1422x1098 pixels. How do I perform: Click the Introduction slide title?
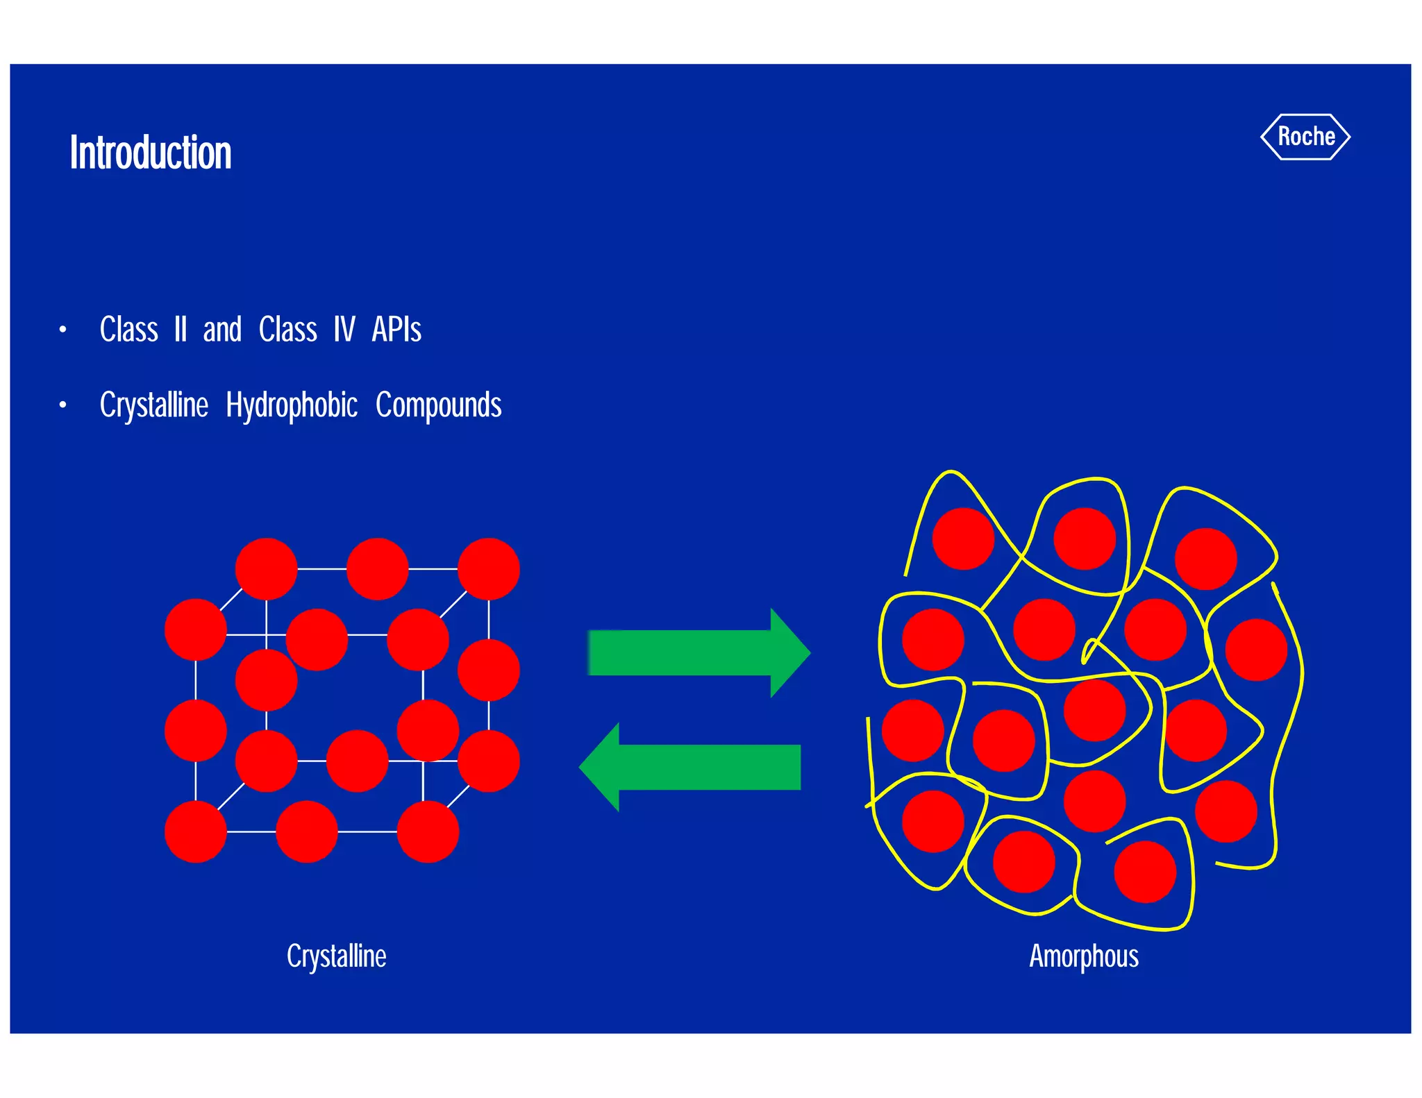click(151, 153)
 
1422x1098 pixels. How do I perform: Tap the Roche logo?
click(1305, 137)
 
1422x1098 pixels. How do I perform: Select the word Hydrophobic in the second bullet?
click(292, 405)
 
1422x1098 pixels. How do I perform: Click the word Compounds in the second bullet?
click(438, 405)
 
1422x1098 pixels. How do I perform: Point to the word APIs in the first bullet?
click(396, 329)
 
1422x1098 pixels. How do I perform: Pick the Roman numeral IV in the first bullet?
click(344, 329)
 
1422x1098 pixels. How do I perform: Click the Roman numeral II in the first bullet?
click(181, 329)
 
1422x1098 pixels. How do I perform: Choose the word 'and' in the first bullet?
click(222, 329)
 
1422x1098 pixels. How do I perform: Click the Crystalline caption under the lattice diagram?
click(337, 956)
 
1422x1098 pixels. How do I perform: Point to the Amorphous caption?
click(1084, 956)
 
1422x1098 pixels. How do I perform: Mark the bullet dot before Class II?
click(62, 330)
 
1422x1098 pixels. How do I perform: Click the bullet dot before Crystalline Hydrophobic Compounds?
click(62, 405)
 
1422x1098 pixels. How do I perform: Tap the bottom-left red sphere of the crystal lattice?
click(196, 831)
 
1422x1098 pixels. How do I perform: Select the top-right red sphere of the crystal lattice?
click(489, 568)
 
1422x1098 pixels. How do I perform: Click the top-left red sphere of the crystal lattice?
click(267, 568)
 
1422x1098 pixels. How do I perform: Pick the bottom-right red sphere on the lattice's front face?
click(428, 831)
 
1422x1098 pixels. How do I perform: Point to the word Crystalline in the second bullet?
click(154, 405)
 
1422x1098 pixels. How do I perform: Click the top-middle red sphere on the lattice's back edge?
click(377, 568)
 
